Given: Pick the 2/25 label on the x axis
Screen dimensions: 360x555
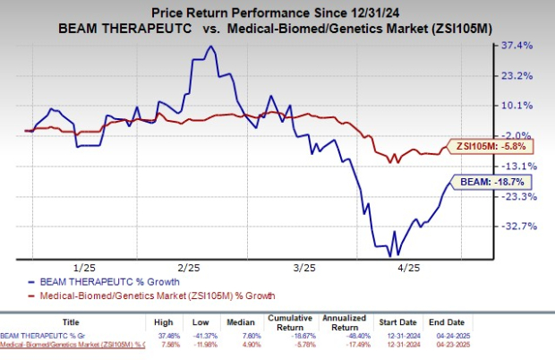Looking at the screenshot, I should pos(189,268).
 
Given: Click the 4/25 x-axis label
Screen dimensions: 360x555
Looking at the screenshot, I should pos(409,268).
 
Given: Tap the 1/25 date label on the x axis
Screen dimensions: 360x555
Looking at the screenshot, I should pos(84,268).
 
